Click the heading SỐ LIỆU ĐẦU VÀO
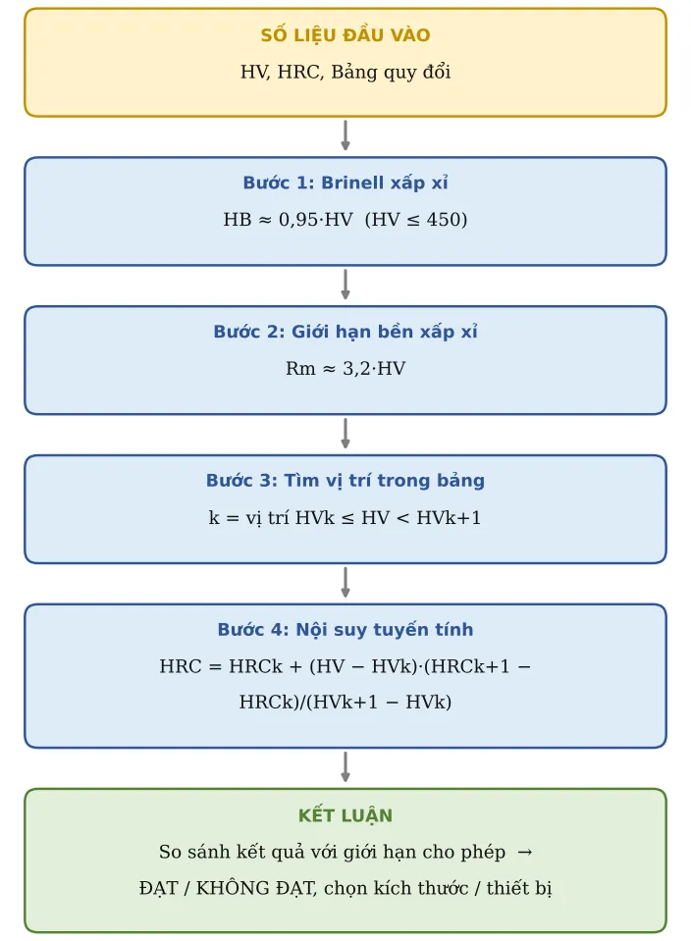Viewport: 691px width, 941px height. pos(345,34)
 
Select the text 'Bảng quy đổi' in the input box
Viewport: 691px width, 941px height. pos(391,72)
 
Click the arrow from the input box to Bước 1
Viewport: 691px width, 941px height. pos(345,135)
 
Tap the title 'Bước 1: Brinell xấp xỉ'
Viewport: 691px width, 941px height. pos(345,183)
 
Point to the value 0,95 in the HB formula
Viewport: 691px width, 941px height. pos(298,220)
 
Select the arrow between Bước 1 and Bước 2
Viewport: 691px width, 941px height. pos(345,285)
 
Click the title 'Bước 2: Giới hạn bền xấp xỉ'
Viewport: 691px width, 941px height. pos(345,332)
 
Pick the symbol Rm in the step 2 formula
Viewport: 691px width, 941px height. pos(300,369)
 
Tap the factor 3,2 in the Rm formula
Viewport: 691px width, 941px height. pos(356,369)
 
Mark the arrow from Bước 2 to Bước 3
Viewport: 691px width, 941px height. pos(345,434)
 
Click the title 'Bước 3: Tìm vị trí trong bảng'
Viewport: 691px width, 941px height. pos(345,480)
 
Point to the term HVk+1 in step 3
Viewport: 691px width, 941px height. pos(449,517)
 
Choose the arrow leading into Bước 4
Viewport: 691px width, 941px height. pos(345,582)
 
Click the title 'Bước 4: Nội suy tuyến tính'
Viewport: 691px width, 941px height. pos(345,629)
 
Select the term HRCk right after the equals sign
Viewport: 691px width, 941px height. pos(256,666)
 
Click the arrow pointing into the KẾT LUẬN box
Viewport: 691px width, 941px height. pos(345,767)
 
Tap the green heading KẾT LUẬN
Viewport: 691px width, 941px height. pos(345,815)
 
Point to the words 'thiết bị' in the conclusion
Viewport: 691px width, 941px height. pos(518,888)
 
